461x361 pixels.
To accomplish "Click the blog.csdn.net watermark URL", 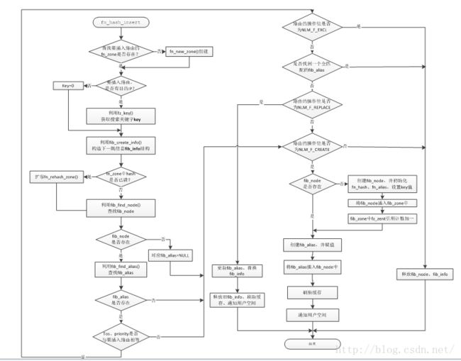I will pos(393,350).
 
